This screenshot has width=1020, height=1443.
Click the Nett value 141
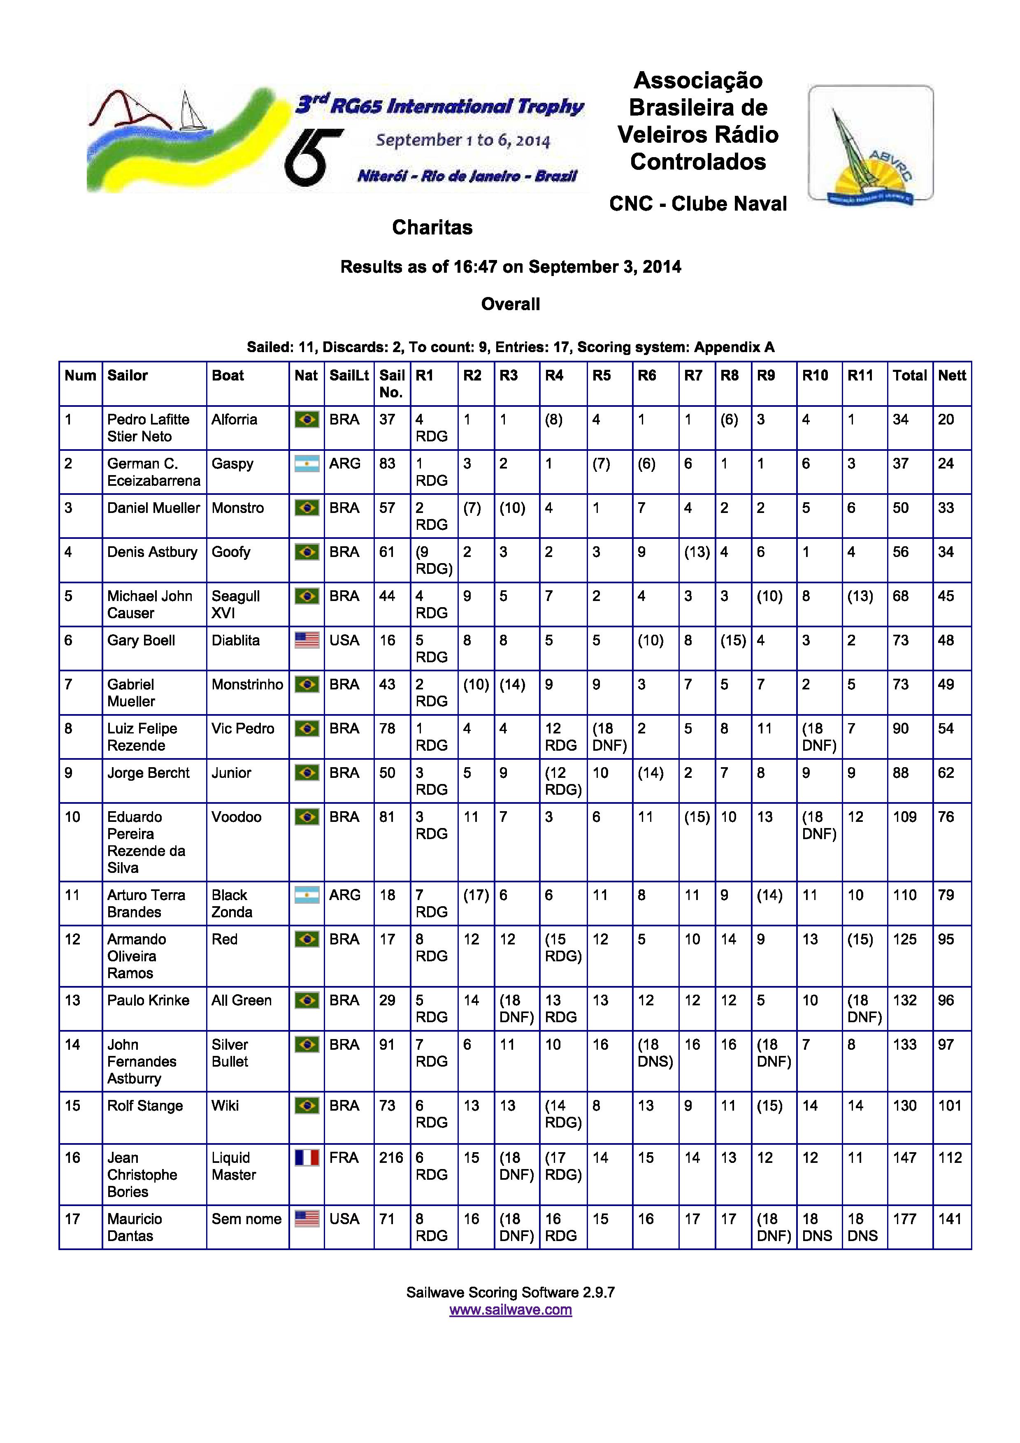click(950, 1219)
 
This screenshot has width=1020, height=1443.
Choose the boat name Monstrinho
click(247, 684)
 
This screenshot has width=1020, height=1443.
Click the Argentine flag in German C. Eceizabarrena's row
click(307, 464)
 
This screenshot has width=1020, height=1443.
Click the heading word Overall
click(510, 304)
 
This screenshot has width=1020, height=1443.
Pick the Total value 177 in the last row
click(904, 1219)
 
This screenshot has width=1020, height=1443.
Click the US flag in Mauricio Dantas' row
click(307, 1219)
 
